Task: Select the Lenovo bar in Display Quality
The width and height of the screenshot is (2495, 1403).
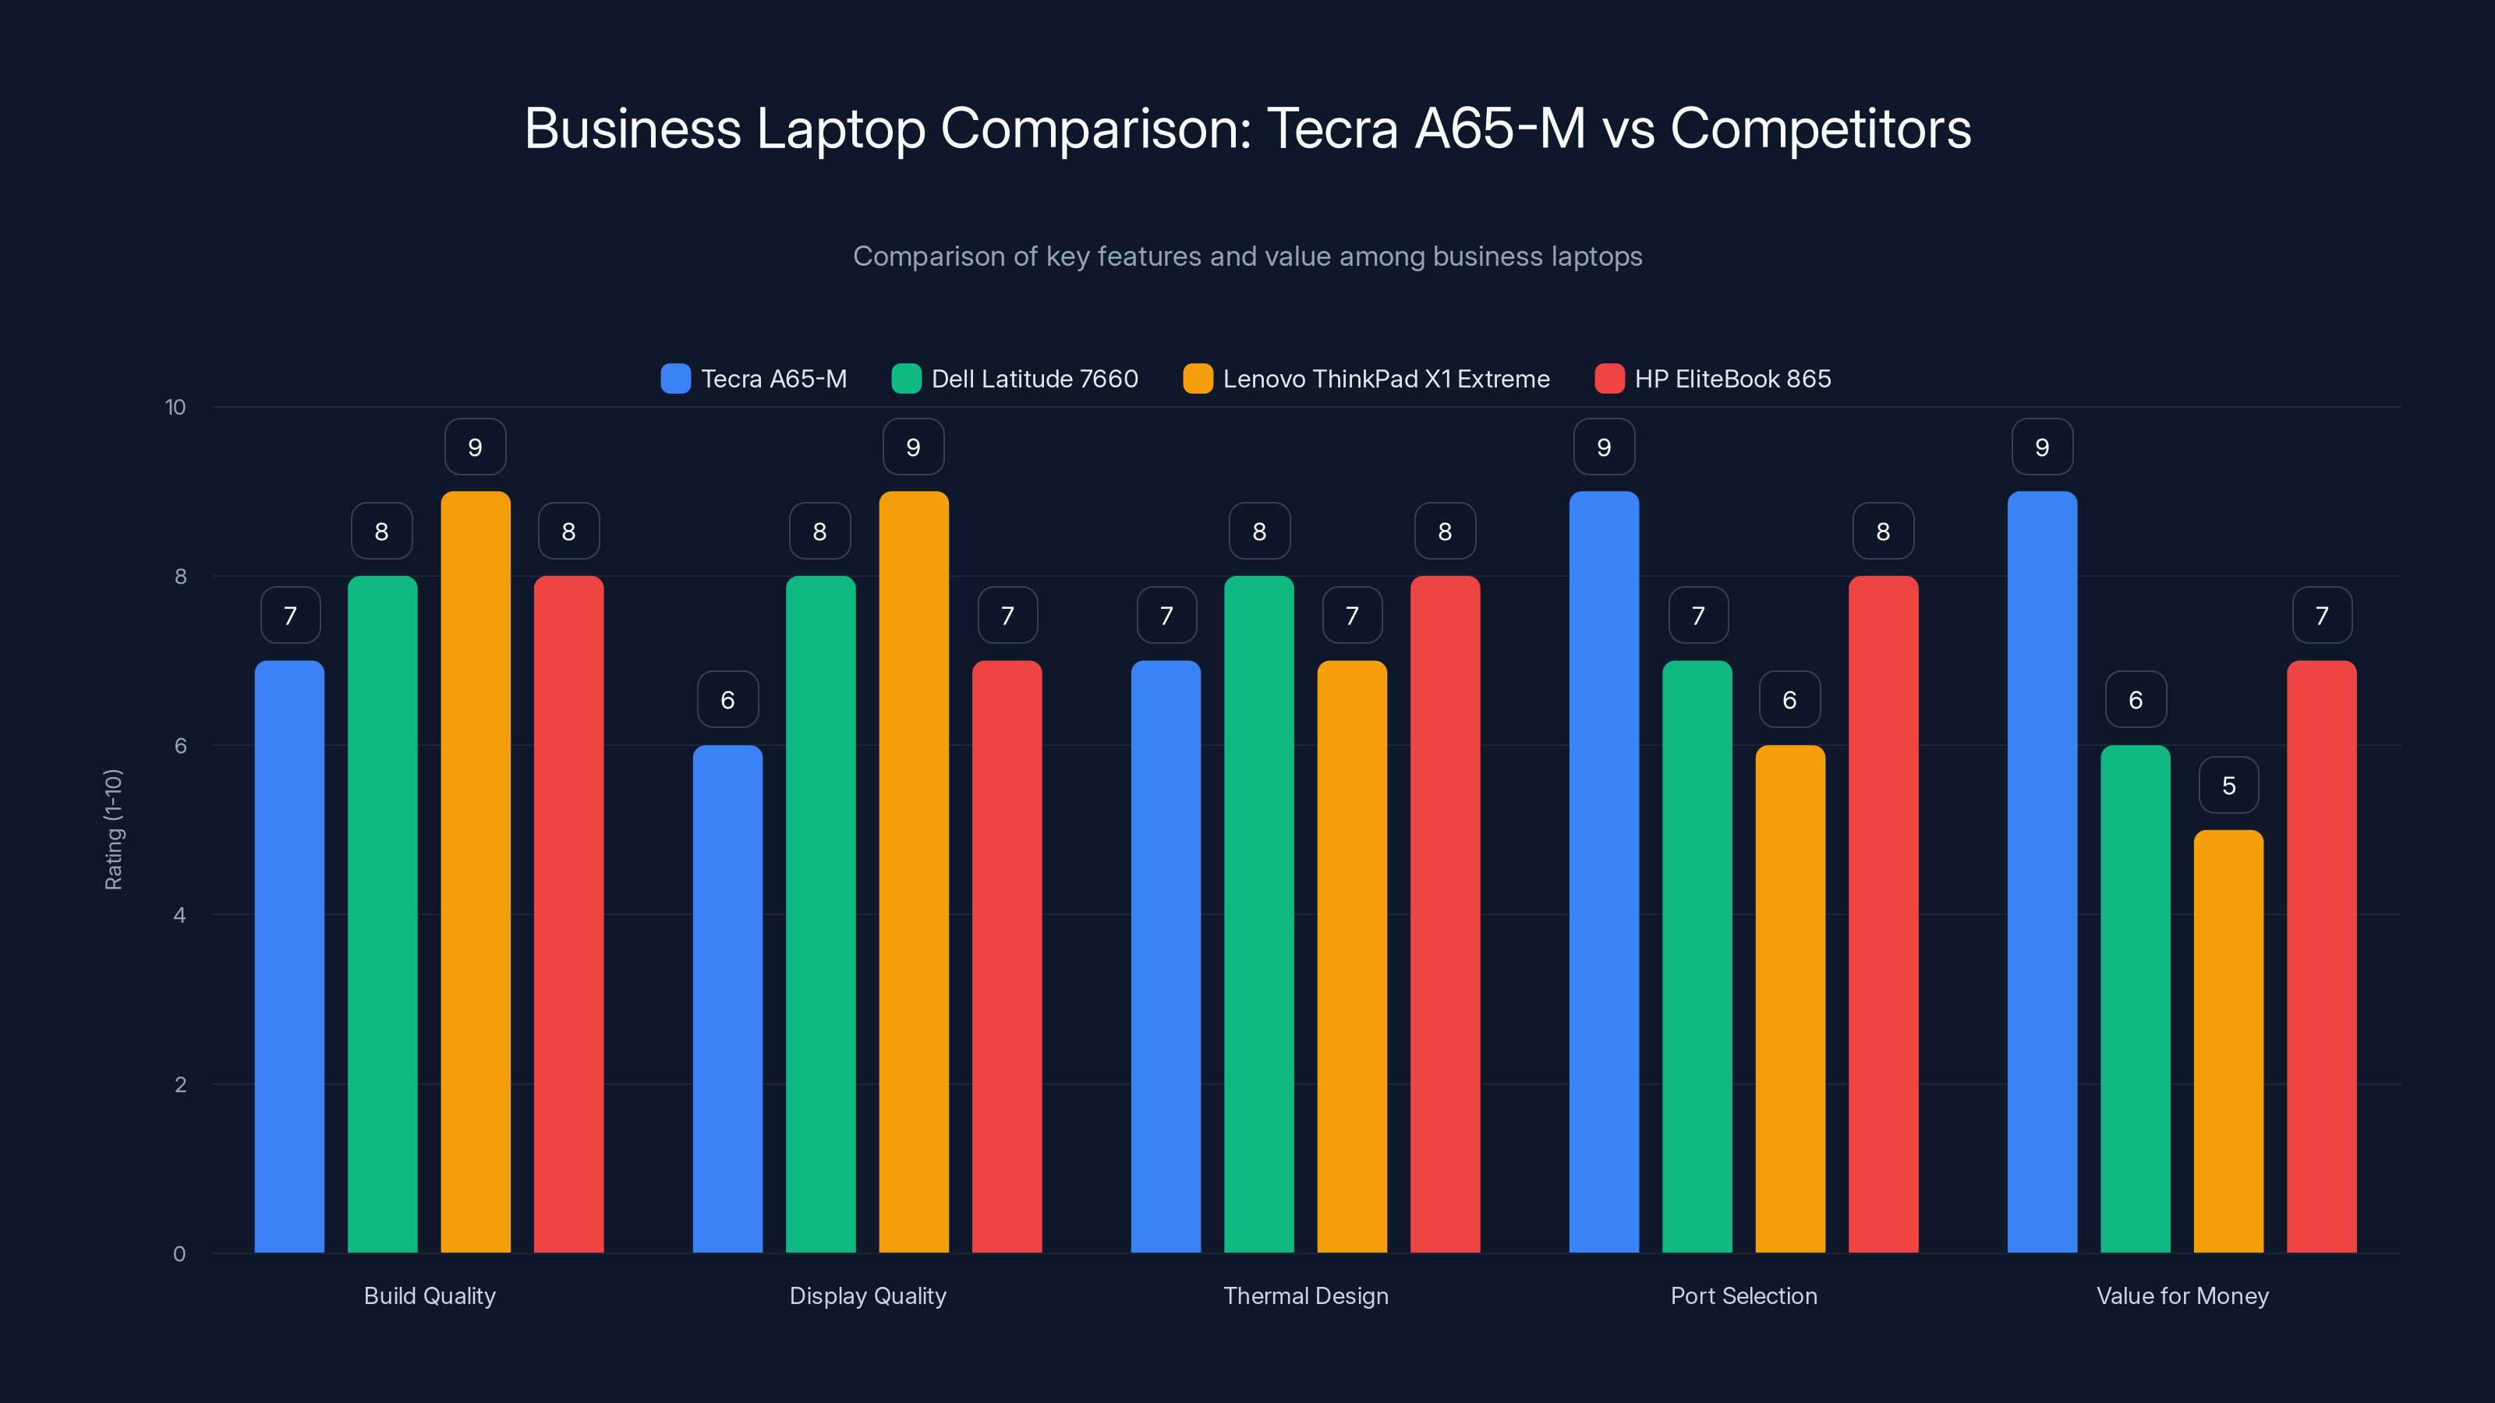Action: point(913,871)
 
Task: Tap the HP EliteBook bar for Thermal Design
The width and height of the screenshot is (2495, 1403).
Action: point(1444,914)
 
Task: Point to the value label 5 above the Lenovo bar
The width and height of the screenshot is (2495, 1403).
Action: point(2228,785)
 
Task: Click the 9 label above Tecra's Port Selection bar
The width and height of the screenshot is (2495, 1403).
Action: point(1604,447)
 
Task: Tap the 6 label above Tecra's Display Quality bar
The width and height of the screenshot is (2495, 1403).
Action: point(727,700)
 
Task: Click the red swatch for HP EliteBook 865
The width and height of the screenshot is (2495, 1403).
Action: point(1608,379)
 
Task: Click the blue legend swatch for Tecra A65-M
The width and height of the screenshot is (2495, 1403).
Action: point(675,379)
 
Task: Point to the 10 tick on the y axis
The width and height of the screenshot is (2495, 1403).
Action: point(175,407)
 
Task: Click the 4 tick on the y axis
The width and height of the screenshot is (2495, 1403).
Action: point(179,915)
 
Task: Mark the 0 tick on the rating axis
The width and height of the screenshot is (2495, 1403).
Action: point(179,1254)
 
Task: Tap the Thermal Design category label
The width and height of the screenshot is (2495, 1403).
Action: point(1306,1295)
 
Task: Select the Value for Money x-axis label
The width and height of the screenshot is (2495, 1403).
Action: point(2182,1295)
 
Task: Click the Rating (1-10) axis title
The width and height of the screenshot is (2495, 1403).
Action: point(113,830)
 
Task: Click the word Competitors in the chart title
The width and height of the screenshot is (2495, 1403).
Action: point(1820,129)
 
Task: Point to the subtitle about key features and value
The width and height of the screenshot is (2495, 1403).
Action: point(1247,256)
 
